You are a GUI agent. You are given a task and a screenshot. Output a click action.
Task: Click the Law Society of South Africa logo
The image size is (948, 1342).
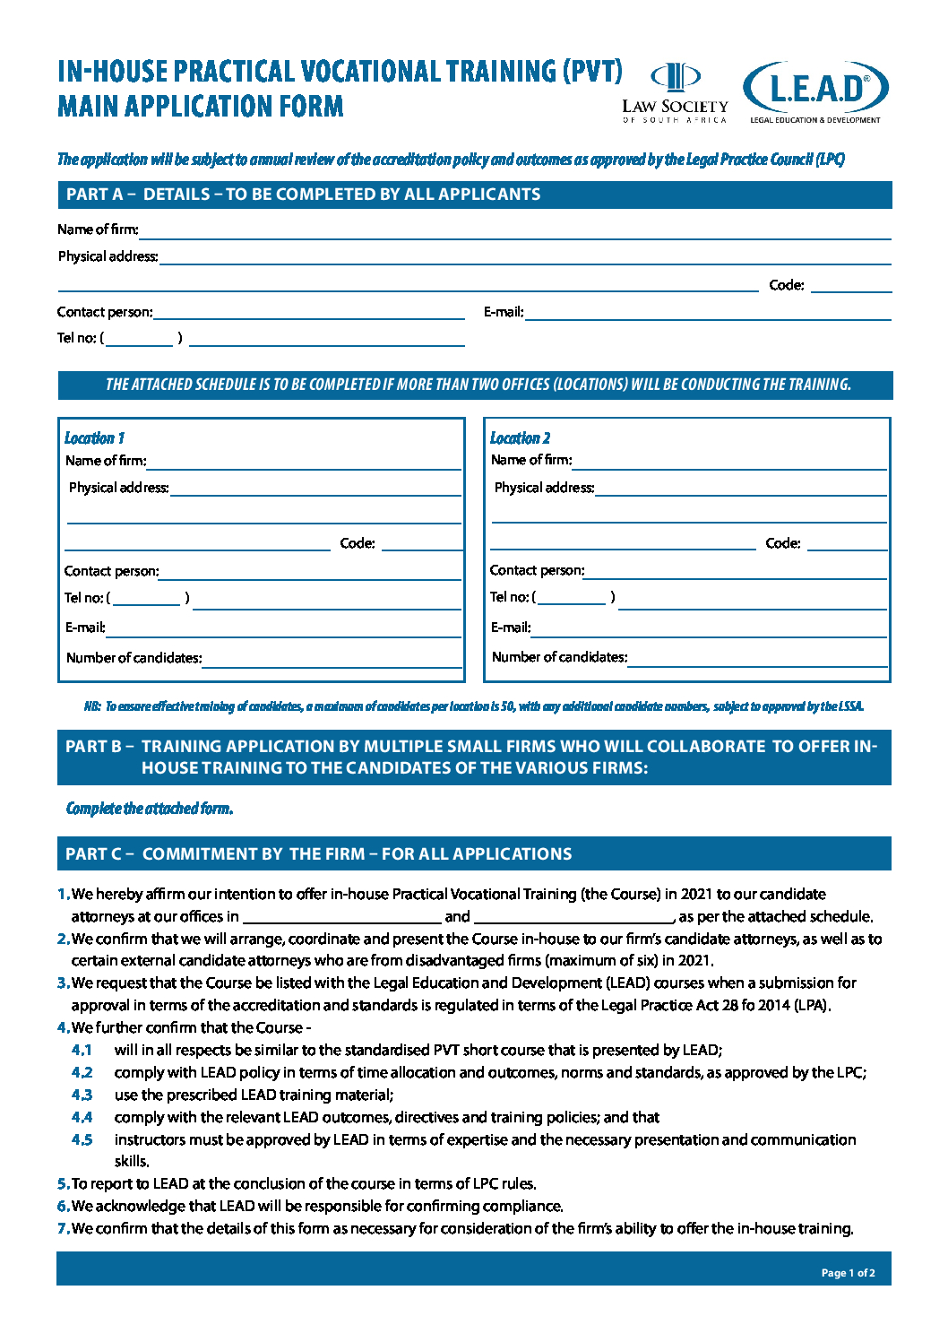(x=675, y=93)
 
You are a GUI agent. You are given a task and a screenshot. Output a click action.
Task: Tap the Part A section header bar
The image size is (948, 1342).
(x=474, y=195)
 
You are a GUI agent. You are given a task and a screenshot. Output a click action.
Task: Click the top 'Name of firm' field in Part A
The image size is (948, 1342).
(x=514, y=230)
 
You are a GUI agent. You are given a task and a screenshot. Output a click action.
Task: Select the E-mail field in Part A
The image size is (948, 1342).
(x=708, y=312)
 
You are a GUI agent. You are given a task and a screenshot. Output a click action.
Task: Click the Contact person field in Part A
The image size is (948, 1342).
(x=309, y=312)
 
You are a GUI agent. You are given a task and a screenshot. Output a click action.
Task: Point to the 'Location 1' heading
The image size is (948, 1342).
(x=94, y=438)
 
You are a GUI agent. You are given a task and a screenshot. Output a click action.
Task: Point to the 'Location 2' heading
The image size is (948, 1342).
(x=520, y=438)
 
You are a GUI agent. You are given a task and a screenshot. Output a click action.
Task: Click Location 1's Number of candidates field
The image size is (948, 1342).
(x=332, y=659)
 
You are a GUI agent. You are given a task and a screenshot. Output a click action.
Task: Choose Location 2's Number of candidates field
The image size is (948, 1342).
(x=757, y=658)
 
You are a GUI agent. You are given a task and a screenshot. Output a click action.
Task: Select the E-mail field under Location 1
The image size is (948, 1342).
(x=283, y=628)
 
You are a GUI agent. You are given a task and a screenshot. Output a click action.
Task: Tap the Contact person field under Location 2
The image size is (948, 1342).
(x=736, y=571)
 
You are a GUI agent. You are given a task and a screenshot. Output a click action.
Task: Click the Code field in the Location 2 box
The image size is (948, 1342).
(x=846, y=543)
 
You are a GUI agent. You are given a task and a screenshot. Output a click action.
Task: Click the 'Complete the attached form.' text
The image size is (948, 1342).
(x=150, y=809)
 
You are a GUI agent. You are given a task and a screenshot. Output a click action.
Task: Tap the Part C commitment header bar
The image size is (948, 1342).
(x=474, y=854)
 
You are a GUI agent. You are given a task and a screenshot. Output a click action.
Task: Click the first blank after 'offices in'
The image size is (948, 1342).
(x=341, y=916)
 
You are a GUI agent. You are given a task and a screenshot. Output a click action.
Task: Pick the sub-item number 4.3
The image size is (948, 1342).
(x=82, y=1095)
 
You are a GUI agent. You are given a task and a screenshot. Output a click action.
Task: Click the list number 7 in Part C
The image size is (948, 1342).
(x=63, y=1229)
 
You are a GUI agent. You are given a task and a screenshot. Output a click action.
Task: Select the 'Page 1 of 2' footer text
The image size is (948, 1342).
(x=848, y=1273)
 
